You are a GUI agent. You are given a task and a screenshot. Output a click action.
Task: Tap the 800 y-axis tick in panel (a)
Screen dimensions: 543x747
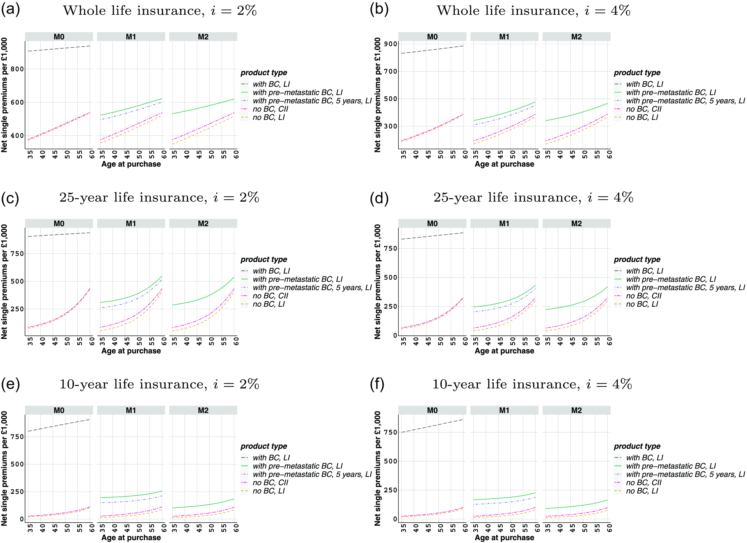(17, 69)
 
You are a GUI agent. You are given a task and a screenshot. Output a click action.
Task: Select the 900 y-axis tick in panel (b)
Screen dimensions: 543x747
(391, 44)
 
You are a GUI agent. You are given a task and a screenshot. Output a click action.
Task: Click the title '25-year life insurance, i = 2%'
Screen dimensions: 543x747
(159, 198)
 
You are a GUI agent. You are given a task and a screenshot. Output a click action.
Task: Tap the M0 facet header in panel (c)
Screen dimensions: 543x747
(59, 224)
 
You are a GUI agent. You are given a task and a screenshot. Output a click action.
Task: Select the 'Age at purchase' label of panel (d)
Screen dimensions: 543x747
(504, 351)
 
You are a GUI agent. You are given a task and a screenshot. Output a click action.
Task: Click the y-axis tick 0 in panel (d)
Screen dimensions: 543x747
(395, 336)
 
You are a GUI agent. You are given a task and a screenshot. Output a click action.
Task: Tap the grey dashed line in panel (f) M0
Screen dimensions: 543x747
(432, 426)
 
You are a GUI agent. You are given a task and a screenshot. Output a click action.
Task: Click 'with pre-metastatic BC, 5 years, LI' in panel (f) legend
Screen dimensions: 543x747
(685, 475)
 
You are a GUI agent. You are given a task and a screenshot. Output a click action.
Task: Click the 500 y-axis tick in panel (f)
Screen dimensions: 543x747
(391, 461)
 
